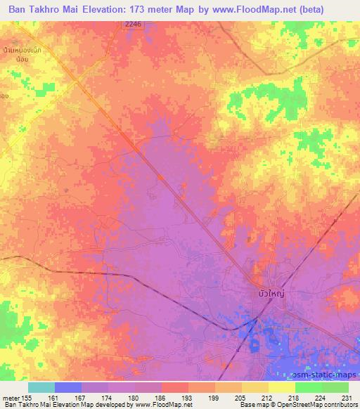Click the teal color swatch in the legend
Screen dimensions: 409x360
[41, 387]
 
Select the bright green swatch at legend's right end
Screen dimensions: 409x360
[335, 387]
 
